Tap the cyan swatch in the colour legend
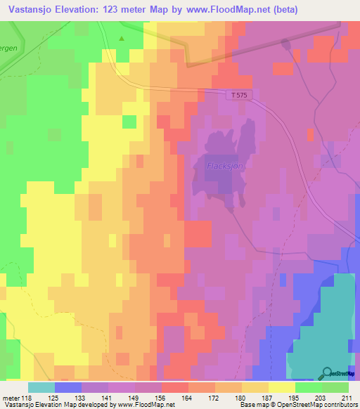(x=41, y=387)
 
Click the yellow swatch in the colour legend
(x=281, y=387)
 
